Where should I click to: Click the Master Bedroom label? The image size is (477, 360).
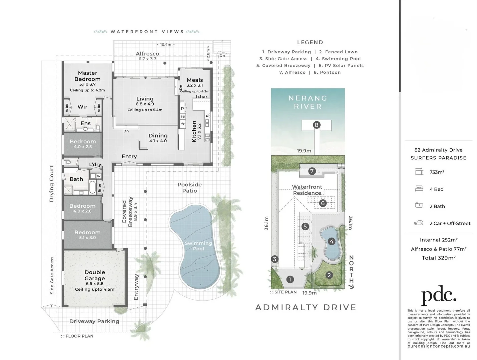click(87, 76)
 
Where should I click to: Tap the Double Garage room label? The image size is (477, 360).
click(95, 275)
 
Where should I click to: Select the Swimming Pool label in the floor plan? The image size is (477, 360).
click(198, 246)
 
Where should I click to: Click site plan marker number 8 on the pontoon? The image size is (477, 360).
click(317, 125)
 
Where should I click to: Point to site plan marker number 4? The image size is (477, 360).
click(331, 241)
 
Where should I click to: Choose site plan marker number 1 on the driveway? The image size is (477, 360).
click(290, 279)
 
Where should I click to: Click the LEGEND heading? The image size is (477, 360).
click(310, 42)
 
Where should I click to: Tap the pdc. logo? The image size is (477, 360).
click(438, 295)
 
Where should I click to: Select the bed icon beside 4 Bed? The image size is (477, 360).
click(419, 189)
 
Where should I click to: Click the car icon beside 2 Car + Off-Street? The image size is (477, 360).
click(419, 223)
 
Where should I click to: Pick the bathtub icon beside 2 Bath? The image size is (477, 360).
click(419, 206)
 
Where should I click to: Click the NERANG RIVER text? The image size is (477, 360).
click(308, 102)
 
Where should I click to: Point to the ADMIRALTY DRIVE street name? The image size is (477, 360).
click(306, 307)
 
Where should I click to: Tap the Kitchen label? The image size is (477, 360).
click(194, 132)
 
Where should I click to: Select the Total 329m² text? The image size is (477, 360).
click(439, 258)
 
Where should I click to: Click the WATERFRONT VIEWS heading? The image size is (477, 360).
click(147, 32)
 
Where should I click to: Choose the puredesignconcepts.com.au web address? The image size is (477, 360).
click(439, 346)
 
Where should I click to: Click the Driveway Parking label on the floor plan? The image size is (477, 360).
click(94, 321)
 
